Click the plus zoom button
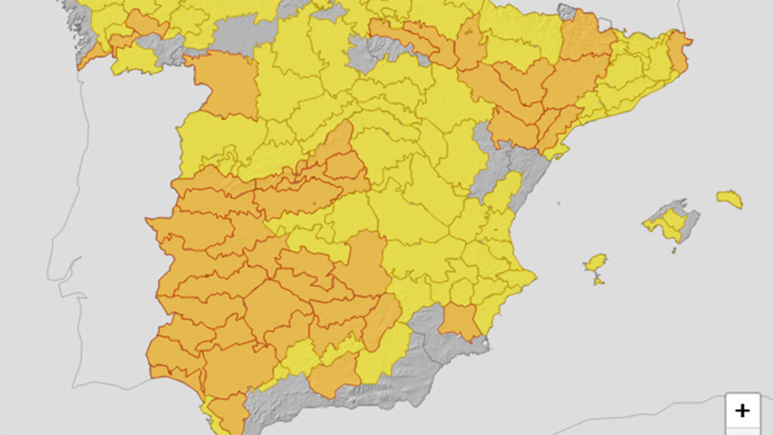coord(742,410)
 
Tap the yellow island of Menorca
coord(730,199)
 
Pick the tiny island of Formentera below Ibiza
coord(599,281)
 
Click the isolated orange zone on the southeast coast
coord(460,322)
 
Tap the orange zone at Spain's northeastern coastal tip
coord(679,51)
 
